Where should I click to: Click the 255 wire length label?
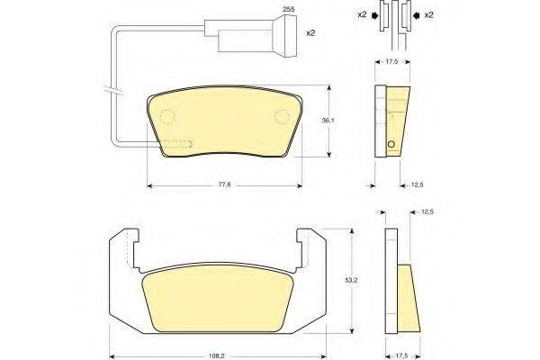[289, 9]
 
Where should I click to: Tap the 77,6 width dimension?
[224, 184]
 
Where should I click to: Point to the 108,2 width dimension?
[217, 356]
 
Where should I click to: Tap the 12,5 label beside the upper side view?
[418, 185]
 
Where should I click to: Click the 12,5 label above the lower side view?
[427, 211]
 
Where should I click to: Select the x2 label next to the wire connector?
[310, 33]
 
